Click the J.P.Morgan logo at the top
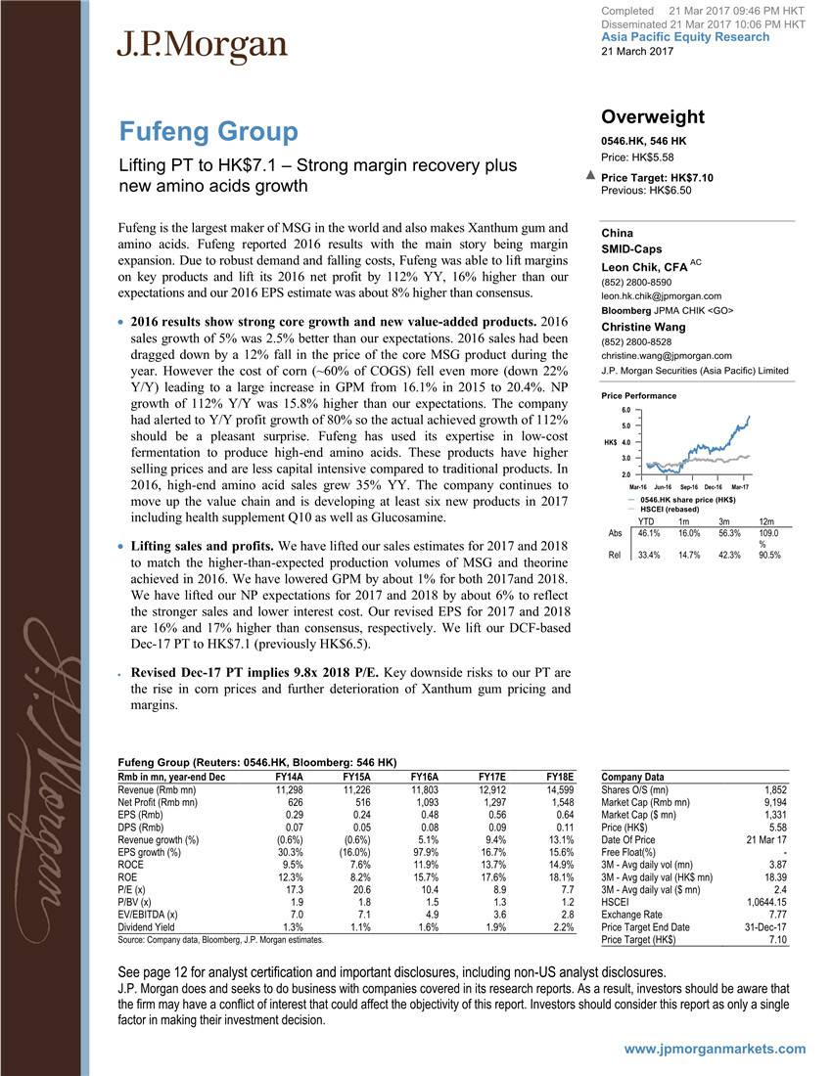[x=203, y=45]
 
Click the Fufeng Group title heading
[x=208, y=131]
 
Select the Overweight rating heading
[x=653, y=116]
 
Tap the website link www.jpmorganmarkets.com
[x=716, y=1049]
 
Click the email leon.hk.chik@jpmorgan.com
[x=662, y=295]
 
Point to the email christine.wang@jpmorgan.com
[x=667, y=355]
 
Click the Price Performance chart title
[x=638, y=395]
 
